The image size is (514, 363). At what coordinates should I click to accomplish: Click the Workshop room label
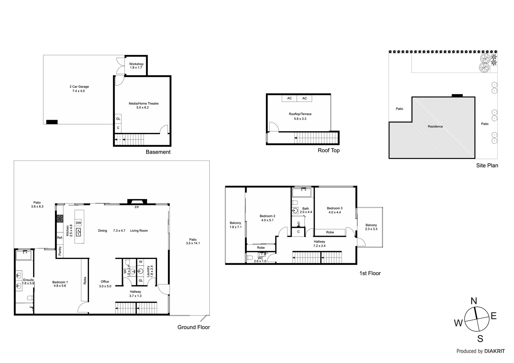(x=136, y=64)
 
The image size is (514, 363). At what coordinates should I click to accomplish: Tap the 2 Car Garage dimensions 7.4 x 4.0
(x=78, y=91)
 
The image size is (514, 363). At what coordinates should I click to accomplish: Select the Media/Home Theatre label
(x=144, y=103)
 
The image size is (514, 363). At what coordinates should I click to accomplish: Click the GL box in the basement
(x=118, y=119)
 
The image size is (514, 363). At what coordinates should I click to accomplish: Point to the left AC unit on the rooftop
(x=289, y=98)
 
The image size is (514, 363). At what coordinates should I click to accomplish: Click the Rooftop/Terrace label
(x=300, y=114)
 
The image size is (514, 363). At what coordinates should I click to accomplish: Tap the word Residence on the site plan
(x=435, y=126)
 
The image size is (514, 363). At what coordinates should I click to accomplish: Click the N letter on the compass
(x=474, y=301)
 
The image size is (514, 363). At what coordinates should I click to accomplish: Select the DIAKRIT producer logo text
(x=494, y=351)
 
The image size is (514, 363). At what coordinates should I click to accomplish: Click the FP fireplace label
(x=137, y=208)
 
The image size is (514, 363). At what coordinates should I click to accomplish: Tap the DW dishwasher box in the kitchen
(x=78, y=223)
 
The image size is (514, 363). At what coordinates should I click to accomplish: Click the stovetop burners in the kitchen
(x=60, y=219)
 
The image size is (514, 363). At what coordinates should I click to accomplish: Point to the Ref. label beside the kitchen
(x=60, y=238)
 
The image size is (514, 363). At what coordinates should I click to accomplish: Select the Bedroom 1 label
(x=60, y=282)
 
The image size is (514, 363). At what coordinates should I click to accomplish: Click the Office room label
(x=105, y=281)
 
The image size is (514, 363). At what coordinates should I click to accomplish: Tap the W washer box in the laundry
(x=141, y=262)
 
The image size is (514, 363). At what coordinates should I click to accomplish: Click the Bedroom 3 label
(x=335, y=208)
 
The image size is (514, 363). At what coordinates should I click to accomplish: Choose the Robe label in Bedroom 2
(x=261, y=248)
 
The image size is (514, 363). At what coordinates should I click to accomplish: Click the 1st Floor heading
(x=370, y=273)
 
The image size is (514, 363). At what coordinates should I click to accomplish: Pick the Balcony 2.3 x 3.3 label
(x=371, y=225)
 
